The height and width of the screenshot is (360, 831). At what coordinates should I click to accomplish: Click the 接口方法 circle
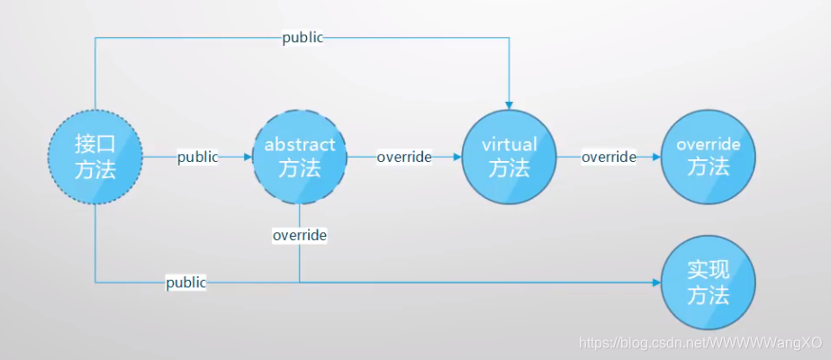95,157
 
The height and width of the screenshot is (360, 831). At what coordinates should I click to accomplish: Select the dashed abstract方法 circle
300,157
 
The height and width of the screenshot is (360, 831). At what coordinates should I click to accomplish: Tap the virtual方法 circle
509,157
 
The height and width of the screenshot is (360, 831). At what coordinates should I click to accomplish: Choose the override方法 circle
708,157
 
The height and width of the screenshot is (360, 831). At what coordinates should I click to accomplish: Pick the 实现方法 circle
708,283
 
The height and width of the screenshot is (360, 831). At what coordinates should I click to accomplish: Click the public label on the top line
302,38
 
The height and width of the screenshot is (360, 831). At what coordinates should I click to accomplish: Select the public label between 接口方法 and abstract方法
197,157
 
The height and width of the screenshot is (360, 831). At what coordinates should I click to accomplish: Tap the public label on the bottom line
185,283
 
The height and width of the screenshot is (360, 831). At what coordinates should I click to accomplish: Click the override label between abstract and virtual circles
404,157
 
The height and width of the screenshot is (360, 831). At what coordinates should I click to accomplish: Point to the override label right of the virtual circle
609,157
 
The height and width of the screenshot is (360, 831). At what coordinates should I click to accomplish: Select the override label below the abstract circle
300,235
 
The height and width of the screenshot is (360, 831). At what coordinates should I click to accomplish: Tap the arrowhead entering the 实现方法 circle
655,283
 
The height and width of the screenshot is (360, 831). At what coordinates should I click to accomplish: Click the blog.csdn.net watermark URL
700,343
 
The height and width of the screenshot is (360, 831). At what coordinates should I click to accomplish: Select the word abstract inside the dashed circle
300,145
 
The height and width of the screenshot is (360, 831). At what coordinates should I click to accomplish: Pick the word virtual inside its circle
509,145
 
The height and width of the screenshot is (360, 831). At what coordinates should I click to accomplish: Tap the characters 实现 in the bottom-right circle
708,270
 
